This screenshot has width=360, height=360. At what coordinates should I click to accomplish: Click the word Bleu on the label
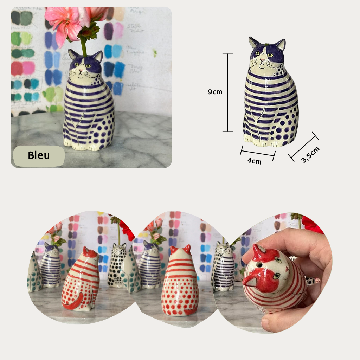point(39,155)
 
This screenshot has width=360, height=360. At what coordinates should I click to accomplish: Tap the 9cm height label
point(215,92)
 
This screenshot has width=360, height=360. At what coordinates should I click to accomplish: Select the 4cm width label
point(254,161)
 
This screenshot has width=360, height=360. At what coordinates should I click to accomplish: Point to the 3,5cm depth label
point(310,155)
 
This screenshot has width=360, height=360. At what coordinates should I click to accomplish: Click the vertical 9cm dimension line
point(227,92)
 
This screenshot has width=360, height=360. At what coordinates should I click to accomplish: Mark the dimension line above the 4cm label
point(257,153)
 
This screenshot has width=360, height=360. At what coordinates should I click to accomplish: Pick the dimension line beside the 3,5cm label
point(303,147)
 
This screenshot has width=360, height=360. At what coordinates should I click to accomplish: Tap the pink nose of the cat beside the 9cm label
point(261,60)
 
